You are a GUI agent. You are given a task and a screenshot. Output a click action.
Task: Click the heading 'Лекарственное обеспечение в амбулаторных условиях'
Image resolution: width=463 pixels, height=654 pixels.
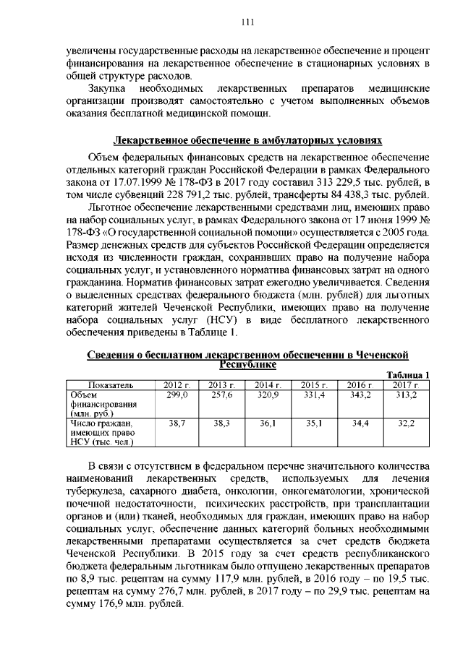(x=247, y=139)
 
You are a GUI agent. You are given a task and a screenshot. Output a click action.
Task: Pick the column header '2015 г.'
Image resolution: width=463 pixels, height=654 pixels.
(x=315, y=384)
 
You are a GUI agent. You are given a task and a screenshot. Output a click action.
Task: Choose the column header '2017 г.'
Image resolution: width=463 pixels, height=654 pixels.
(x=406, y=384)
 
